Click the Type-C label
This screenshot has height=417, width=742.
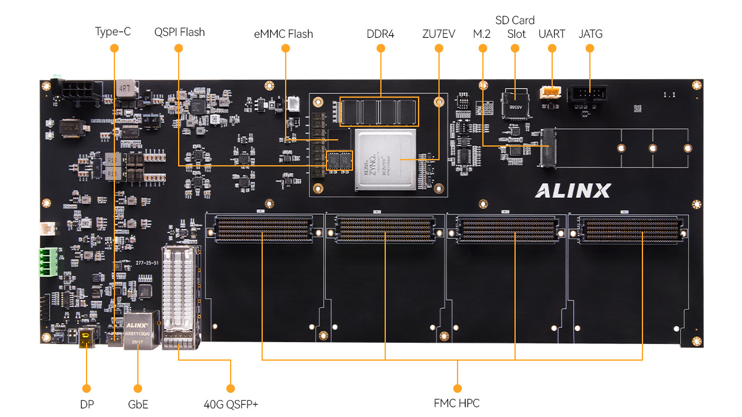(113, 32)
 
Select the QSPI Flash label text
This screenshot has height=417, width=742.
(179, 32)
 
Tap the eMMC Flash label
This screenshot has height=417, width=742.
(283, 33)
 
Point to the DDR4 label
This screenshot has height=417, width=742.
(380, 33)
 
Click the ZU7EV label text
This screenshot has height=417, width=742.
(438, 33)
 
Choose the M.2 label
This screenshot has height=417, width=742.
(482, 33)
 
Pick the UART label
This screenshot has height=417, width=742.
(552, 33)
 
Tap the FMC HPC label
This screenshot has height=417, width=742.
(457, 403)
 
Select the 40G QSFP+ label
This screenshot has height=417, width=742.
(231, 405)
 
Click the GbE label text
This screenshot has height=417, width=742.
(137, 405)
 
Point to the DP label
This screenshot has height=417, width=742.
(87, 405)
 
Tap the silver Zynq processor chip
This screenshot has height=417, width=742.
(384, 160)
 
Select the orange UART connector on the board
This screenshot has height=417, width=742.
(550, 92)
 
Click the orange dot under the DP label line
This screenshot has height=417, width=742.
(87, 388)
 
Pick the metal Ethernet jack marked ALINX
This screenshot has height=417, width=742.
(137, 332)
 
